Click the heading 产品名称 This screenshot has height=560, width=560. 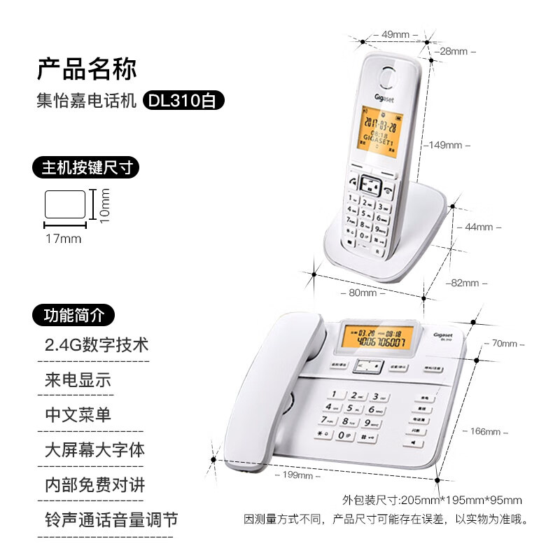(x=87, y=68)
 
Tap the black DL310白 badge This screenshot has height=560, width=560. (x=184, y=101)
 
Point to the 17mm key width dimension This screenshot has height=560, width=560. (x=64, y=239)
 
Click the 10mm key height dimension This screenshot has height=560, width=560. (x=105, y=205)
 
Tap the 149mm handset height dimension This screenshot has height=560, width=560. (x=446, y=145)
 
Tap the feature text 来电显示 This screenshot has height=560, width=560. (x=78, y=381)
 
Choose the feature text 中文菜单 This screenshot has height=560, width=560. (x=78, y=414)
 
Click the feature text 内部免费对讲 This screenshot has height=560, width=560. (x=94, y=484)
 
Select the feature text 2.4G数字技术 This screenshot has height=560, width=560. (x=97, y=345)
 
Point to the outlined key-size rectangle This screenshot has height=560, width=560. (x=65, y=204)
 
